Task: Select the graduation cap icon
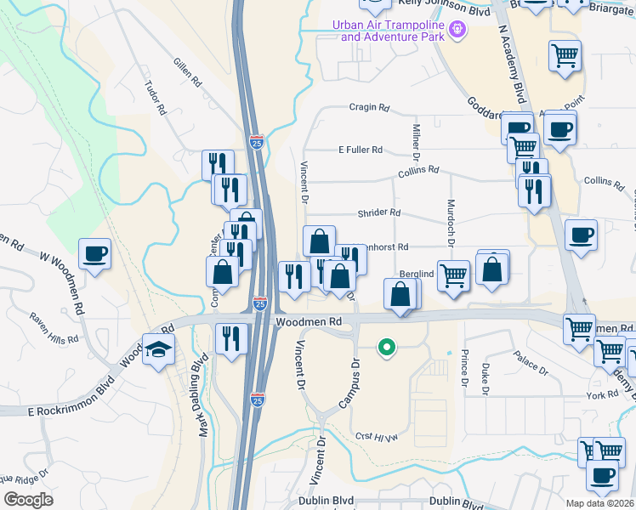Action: pos(158,350)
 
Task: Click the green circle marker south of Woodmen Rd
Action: pos(387,347)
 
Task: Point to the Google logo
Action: pos(28,500)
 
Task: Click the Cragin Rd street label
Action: pos(368,108)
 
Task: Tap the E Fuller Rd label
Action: pos(361,150)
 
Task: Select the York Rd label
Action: pos(601,395)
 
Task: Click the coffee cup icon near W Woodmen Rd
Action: pos(94,253)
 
